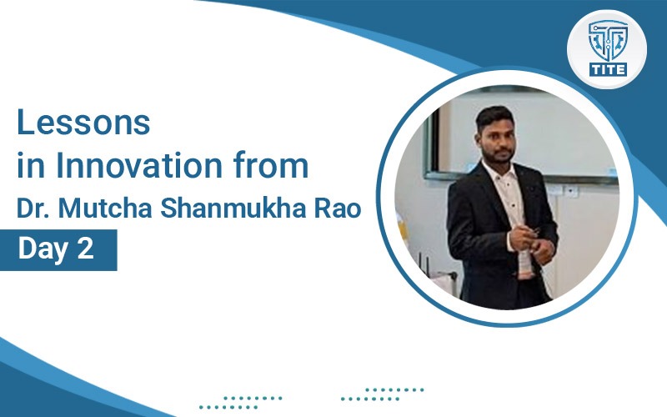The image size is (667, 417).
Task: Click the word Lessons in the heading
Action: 83,122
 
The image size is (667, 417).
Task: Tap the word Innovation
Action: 138,165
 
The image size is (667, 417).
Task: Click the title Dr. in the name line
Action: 33,208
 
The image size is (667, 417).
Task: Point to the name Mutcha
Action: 105,208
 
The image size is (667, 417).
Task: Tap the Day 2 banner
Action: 58,249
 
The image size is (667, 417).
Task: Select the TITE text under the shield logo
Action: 608,69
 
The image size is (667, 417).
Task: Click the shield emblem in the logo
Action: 608,41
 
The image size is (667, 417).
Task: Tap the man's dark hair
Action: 494,117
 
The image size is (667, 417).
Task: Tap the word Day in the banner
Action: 43,249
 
